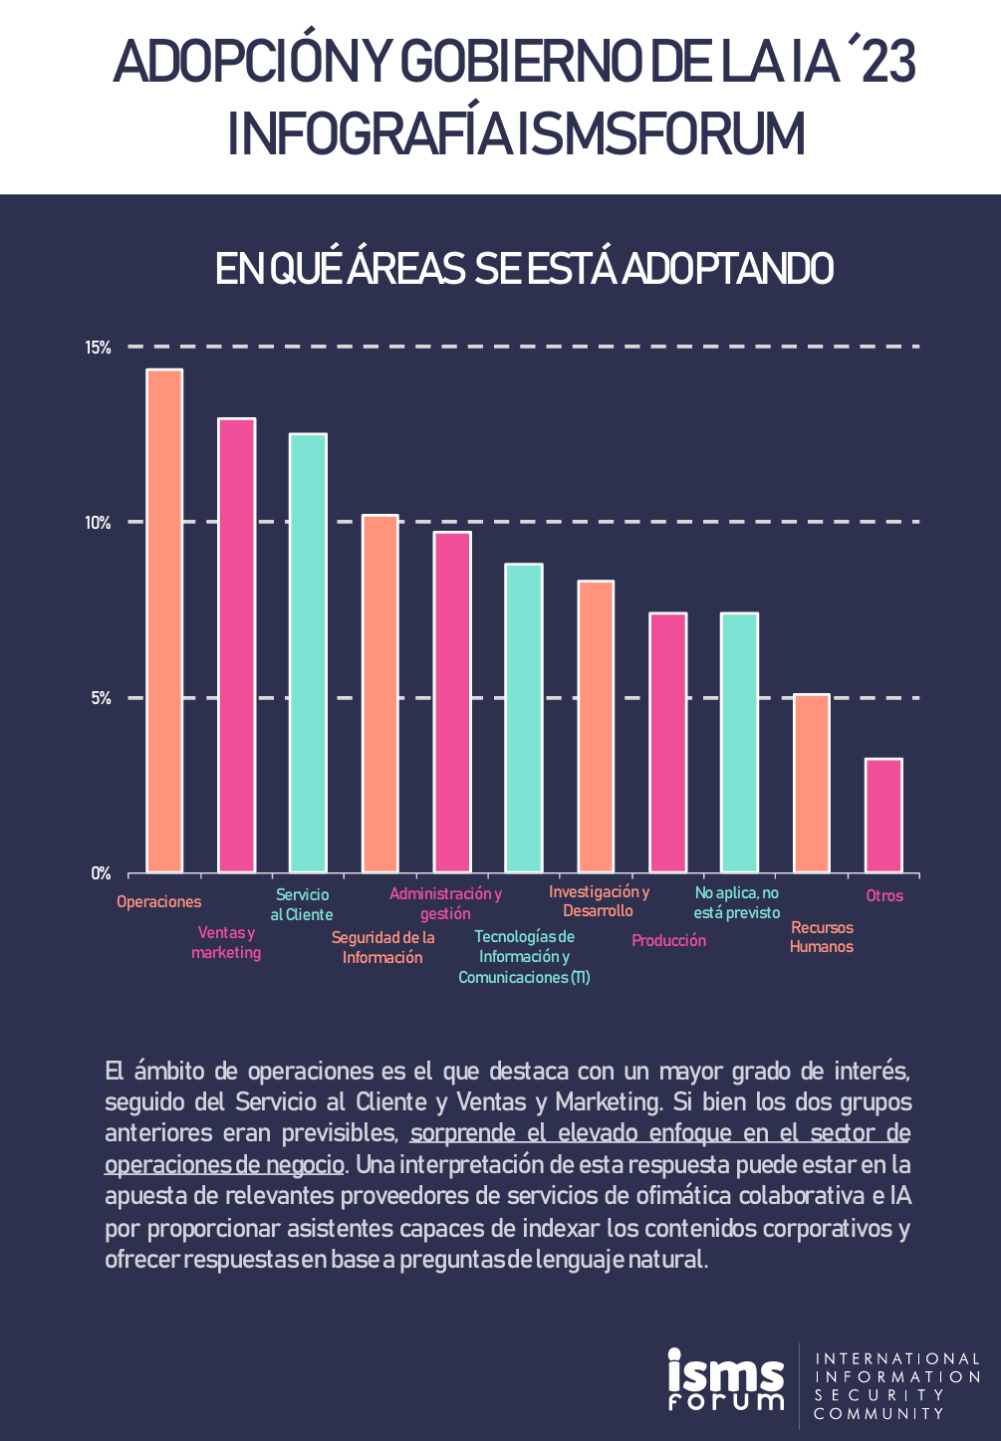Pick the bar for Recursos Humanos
click(x=812, y=784)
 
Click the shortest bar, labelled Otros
click(x=883, y=816)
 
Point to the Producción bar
click(x=668, y=743)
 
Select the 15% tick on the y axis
click(x=98, y=348)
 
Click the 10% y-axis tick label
click(x=98, y=523)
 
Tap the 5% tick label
click(x=101, y=698)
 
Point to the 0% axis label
click(x=101, y=873)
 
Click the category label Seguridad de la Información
click(x=382, y=947)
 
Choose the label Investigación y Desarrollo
click(x=599, y=901)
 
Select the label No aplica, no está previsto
click(x=737, y=902)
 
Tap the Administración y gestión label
click(x=445, y=903)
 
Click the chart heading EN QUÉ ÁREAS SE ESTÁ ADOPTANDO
click(x=524, y=269)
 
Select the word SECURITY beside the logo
click(x=878, y=1395)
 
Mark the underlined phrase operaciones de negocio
click(x=224, y=1164)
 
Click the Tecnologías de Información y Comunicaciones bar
click(x=524, y=718)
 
